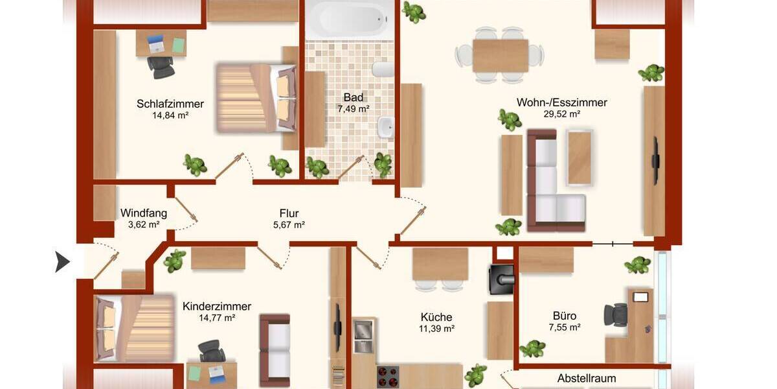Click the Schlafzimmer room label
(x=170, y=104)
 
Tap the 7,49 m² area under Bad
(x=353, y=109)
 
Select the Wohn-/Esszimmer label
(x=561, y=102)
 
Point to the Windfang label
(x=144, y=213)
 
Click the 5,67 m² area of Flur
(x=289, y=225)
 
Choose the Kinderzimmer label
(x=217, y=306)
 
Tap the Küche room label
(x=436, y=317)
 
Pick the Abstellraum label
(x=587, y=378)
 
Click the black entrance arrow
(x=63, y=261)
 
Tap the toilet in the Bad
(x=383, y=70)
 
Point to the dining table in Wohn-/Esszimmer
(x=500, y=55)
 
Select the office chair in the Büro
(x=615, y=314)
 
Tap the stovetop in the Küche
(x=388, y=377)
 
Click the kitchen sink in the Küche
(x=364, y=335)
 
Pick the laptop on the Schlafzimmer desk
(x=156, y=43)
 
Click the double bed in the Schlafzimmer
(x=254, y=98)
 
